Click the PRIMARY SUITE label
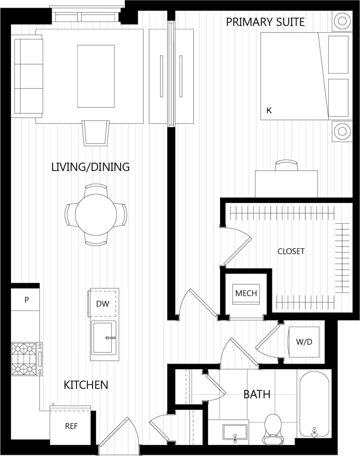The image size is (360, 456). [x=265, y=22]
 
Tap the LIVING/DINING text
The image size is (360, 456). [x=90, y=167]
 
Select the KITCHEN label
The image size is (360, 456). [x=86, y=385]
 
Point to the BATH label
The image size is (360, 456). [x=257, y=394]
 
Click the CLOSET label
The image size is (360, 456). [x=291, y=251]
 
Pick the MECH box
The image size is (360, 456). [x=246, y=293]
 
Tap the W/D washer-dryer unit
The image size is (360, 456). [x=304, y=342]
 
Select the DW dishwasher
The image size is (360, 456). [x=103, y=304]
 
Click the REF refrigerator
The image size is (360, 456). [x=71, y=426]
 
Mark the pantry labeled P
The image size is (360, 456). [x=26, y=300]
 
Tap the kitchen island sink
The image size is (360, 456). [x=103, y=337]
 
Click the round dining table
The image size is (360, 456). [x=96, y=215]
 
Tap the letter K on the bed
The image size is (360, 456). [x=269, y=110]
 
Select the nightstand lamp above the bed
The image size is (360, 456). [x=342, y=21]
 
